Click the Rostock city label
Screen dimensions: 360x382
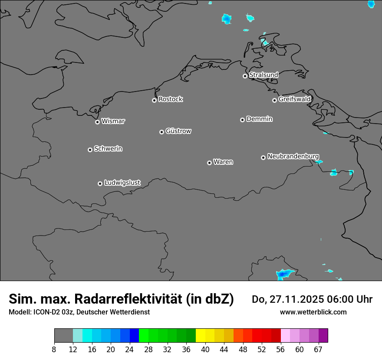tap(170, 99)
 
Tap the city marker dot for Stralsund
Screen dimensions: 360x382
tap(245, 76)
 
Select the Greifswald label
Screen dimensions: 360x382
tap(294, 99)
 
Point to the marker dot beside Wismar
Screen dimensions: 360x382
tap(97, 122)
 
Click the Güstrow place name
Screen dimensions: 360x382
tap(178, 131)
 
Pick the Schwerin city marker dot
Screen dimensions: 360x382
tap(90, 150)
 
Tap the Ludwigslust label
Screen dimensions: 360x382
tap(122, 183)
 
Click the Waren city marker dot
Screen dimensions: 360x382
tap(209, 163)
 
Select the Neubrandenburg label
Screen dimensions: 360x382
tap(293, 156)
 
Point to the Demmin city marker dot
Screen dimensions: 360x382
tap(242, 120)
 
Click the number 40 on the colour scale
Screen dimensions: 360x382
tap(205, 350)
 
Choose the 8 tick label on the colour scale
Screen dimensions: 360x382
tap(54, 350)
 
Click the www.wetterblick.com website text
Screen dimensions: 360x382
tap(313, 312)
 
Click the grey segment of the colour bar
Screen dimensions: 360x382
tap(63, 336)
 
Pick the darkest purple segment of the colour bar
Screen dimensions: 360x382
tap(323, 336)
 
